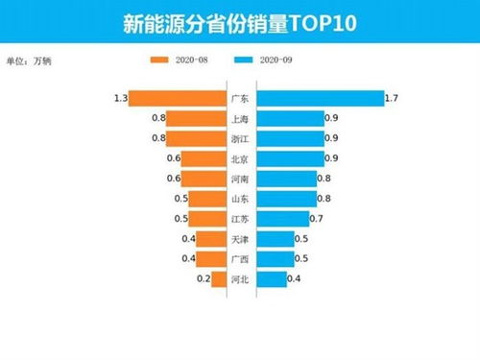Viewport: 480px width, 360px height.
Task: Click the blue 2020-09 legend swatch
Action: [251, 60]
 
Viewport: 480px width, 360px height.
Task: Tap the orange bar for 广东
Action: [178, 98]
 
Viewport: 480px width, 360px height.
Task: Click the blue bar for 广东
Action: [320, 98]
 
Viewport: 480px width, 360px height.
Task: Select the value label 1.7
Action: [392, 98]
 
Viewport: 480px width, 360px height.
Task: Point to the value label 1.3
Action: [120, 98]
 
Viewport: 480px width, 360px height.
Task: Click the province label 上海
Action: [241, 118]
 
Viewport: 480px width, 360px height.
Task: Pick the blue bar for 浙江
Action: [289, 138]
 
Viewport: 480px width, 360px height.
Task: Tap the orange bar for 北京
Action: [203, 158]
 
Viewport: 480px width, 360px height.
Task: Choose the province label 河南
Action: [241, 179]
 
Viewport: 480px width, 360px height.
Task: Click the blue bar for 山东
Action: [286, 199]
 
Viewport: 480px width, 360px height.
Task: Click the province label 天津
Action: [241, 239]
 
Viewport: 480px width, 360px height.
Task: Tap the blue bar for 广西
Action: [276, 259]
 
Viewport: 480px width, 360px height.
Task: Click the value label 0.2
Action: [203, 279]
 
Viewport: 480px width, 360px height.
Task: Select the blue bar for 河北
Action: [272, 279]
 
